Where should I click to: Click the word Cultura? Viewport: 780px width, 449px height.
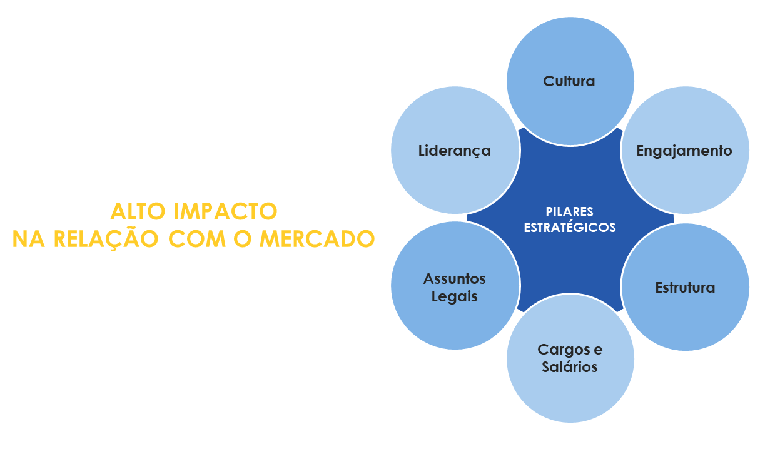point(569,81)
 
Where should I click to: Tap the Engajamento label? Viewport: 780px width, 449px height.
point(684,151)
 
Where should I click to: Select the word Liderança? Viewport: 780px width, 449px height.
point(454,151)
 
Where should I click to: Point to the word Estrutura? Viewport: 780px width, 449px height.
point(685,288)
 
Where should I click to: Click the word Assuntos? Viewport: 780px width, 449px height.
point(454,279)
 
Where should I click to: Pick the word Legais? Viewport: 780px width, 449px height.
point(454,297)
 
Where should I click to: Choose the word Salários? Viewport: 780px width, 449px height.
point(570,367)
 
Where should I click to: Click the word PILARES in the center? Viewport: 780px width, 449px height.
point(569,212)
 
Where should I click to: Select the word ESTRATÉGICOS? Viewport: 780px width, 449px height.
point(570,227)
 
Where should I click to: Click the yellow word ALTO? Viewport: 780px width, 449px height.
point(138,211)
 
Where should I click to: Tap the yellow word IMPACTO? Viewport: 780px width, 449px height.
point(226,211)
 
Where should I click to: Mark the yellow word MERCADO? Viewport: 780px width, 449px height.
point(317,239)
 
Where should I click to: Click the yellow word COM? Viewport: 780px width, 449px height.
point(198,239)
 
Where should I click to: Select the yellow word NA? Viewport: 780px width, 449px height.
point(29,239)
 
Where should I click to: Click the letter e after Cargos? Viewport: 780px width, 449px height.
point(598,350)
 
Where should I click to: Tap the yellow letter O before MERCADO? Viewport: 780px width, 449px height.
point(243,239)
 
